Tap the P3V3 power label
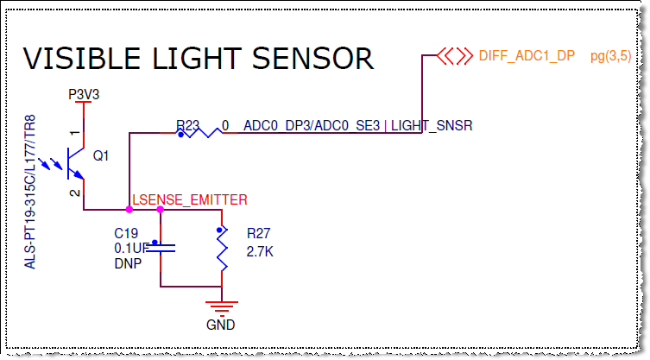click(x=84, y=94)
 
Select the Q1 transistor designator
click(x=101, y=155)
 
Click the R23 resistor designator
click(x=187, y=126)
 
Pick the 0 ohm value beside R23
click(x=249, y=126)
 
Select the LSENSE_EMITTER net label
click(x=189, y=199)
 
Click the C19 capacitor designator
click(x=126, y=233)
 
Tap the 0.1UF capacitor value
click(x=131, y=248)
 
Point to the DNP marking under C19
click(x=127, y=262)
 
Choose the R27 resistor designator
click(x=258, y=233)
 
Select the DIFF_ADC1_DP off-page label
click(x=526, y=56)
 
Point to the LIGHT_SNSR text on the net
click(x=456, y=126)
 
